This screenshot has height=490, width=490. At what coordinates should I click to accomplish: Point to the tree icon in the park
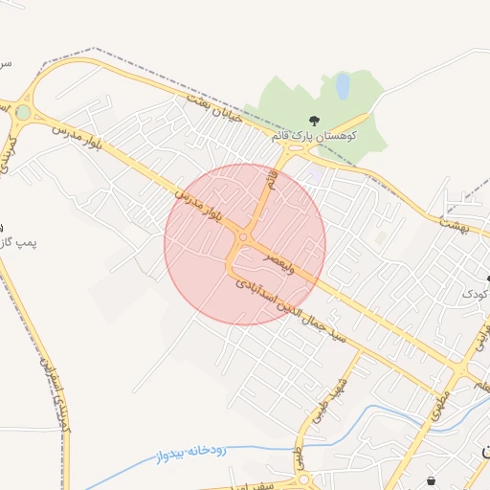click(314, 120)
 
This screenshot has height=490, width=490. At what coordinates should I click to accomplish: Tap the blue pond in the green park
click(342, 87)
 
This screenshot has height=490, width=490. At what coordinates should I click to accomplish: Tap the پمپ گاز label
click(17, 244)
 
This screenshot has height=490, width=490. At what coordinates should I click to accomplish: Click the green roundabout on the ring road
click(22, 112)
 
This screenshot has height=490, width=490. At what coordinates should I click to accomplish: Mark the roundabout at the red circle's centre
click(244, 238)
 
